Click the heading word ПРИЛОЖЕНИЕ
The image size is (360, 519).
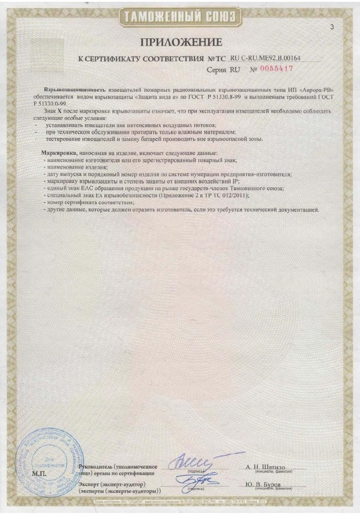(x=181, y=41)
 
